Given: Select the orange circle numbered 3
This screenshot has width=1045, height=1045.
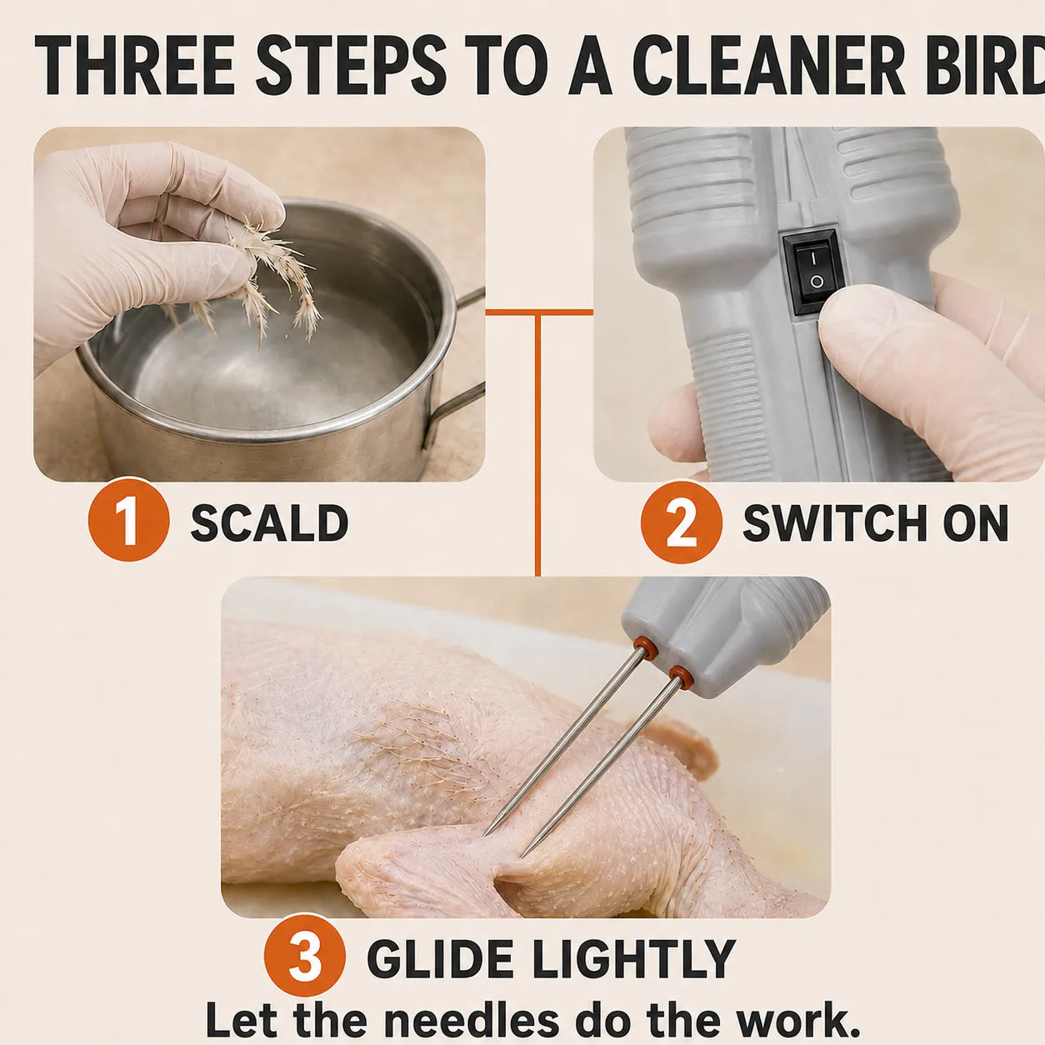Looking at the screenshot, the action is coord(305,959).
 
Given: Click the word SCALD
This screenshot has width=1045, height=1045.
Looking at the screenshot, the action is coord(269,522).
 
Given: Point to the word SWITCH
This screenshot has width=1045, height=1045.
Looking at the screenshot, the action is coord(835,522).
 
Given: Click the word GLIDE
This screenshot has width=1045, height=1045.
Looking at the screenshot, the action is coord(439,959).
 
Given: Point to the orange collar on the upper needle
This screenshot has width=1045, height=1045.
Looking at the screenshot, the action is coord(645,647).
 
